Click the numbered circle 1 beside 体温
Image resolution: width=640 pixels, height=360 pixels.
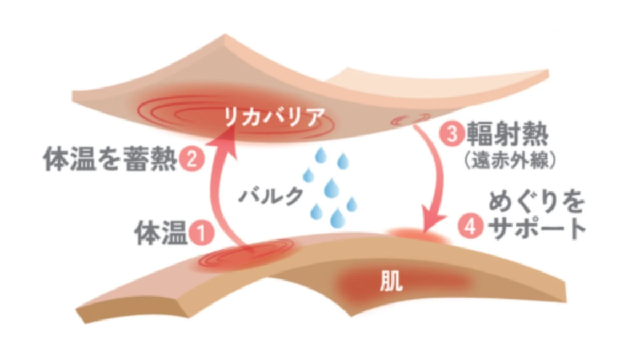coord(201,233)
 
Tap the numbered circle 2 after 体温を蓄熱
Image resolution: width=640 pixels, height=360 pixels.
coord(192,159)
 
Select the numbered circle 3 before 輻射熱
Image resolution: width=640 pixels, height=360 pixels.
coord(452,134)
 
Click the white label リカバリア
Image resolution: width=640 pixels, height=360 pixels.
coord(275,117)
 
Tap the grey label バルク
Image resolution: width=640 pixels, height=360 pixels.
coord(271,196)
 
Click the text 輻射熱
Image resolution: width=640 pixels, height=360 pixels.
coord(507,134)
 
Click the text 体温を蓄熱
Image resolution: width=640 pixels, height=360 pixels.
coord(110,159)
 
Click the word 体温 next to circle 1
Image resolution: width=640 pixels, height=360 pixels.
coord(161,233)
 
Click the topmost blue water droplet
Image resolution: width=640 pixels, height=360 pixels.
coord(321,155)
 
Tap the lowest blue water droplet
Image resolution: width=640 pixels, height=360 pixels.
coord(338,218)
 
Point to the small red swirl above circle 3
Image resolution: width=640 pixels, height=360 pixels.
coord(410,119)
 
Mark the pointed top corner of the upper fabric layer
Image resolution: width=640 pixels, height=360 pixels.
coord(225,34)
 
